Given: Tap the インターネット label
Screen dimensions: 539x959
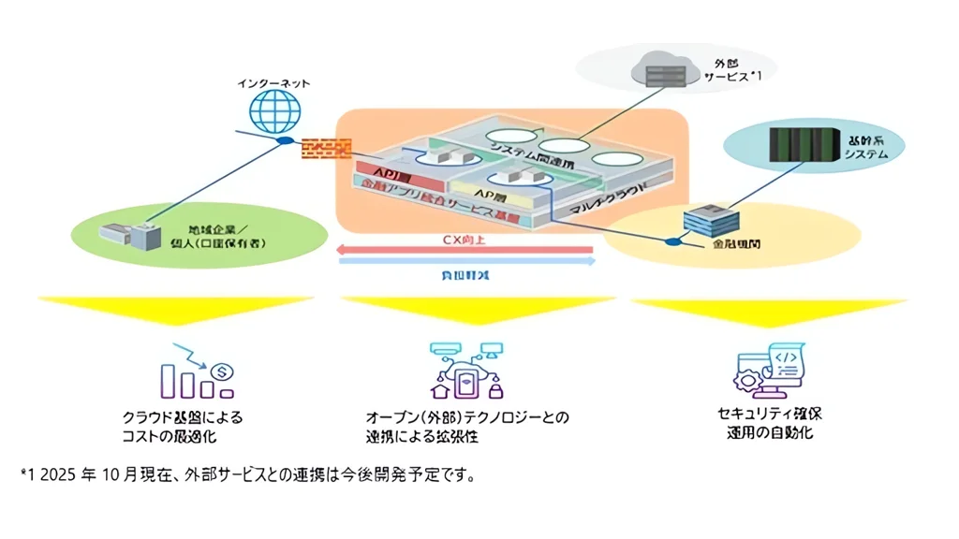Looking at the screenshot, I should click(x=273, y=84).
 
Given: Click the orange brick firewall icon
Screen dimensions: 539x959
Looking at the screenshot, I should click(x=326, y=148).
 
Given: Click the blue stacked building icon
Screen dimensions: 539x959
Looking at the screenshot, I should click(x=708, y=222).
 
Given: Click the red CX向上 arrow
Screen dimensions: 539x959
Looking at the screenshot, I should click(x=465, y=249).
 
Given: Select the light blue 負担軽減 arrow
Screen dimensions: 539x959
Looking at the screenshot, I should click(x=466, y=263).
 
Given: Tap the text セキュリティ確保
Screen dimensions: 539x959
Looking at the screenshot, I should click(x=769, y=413).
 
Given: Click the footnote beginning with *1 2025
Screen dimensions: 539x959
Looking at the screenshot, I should click(x=249, y=475).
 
